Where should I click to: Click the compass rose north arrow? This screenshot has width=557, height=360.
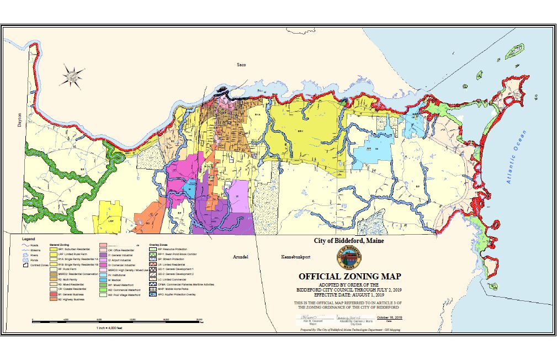point(72,74)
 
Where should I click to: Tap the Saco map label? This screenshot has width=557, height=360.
point(240,65)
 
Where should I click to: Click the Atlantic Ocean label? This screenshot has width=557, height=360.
point(515,157)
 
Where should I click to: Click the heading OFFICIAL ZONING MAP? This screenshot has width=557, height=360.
point(349,277)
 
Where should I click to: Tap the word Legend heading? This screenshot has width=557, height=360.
point(28,239)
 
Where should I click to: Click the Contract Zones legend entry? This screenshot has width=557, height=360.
point(34,266)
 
